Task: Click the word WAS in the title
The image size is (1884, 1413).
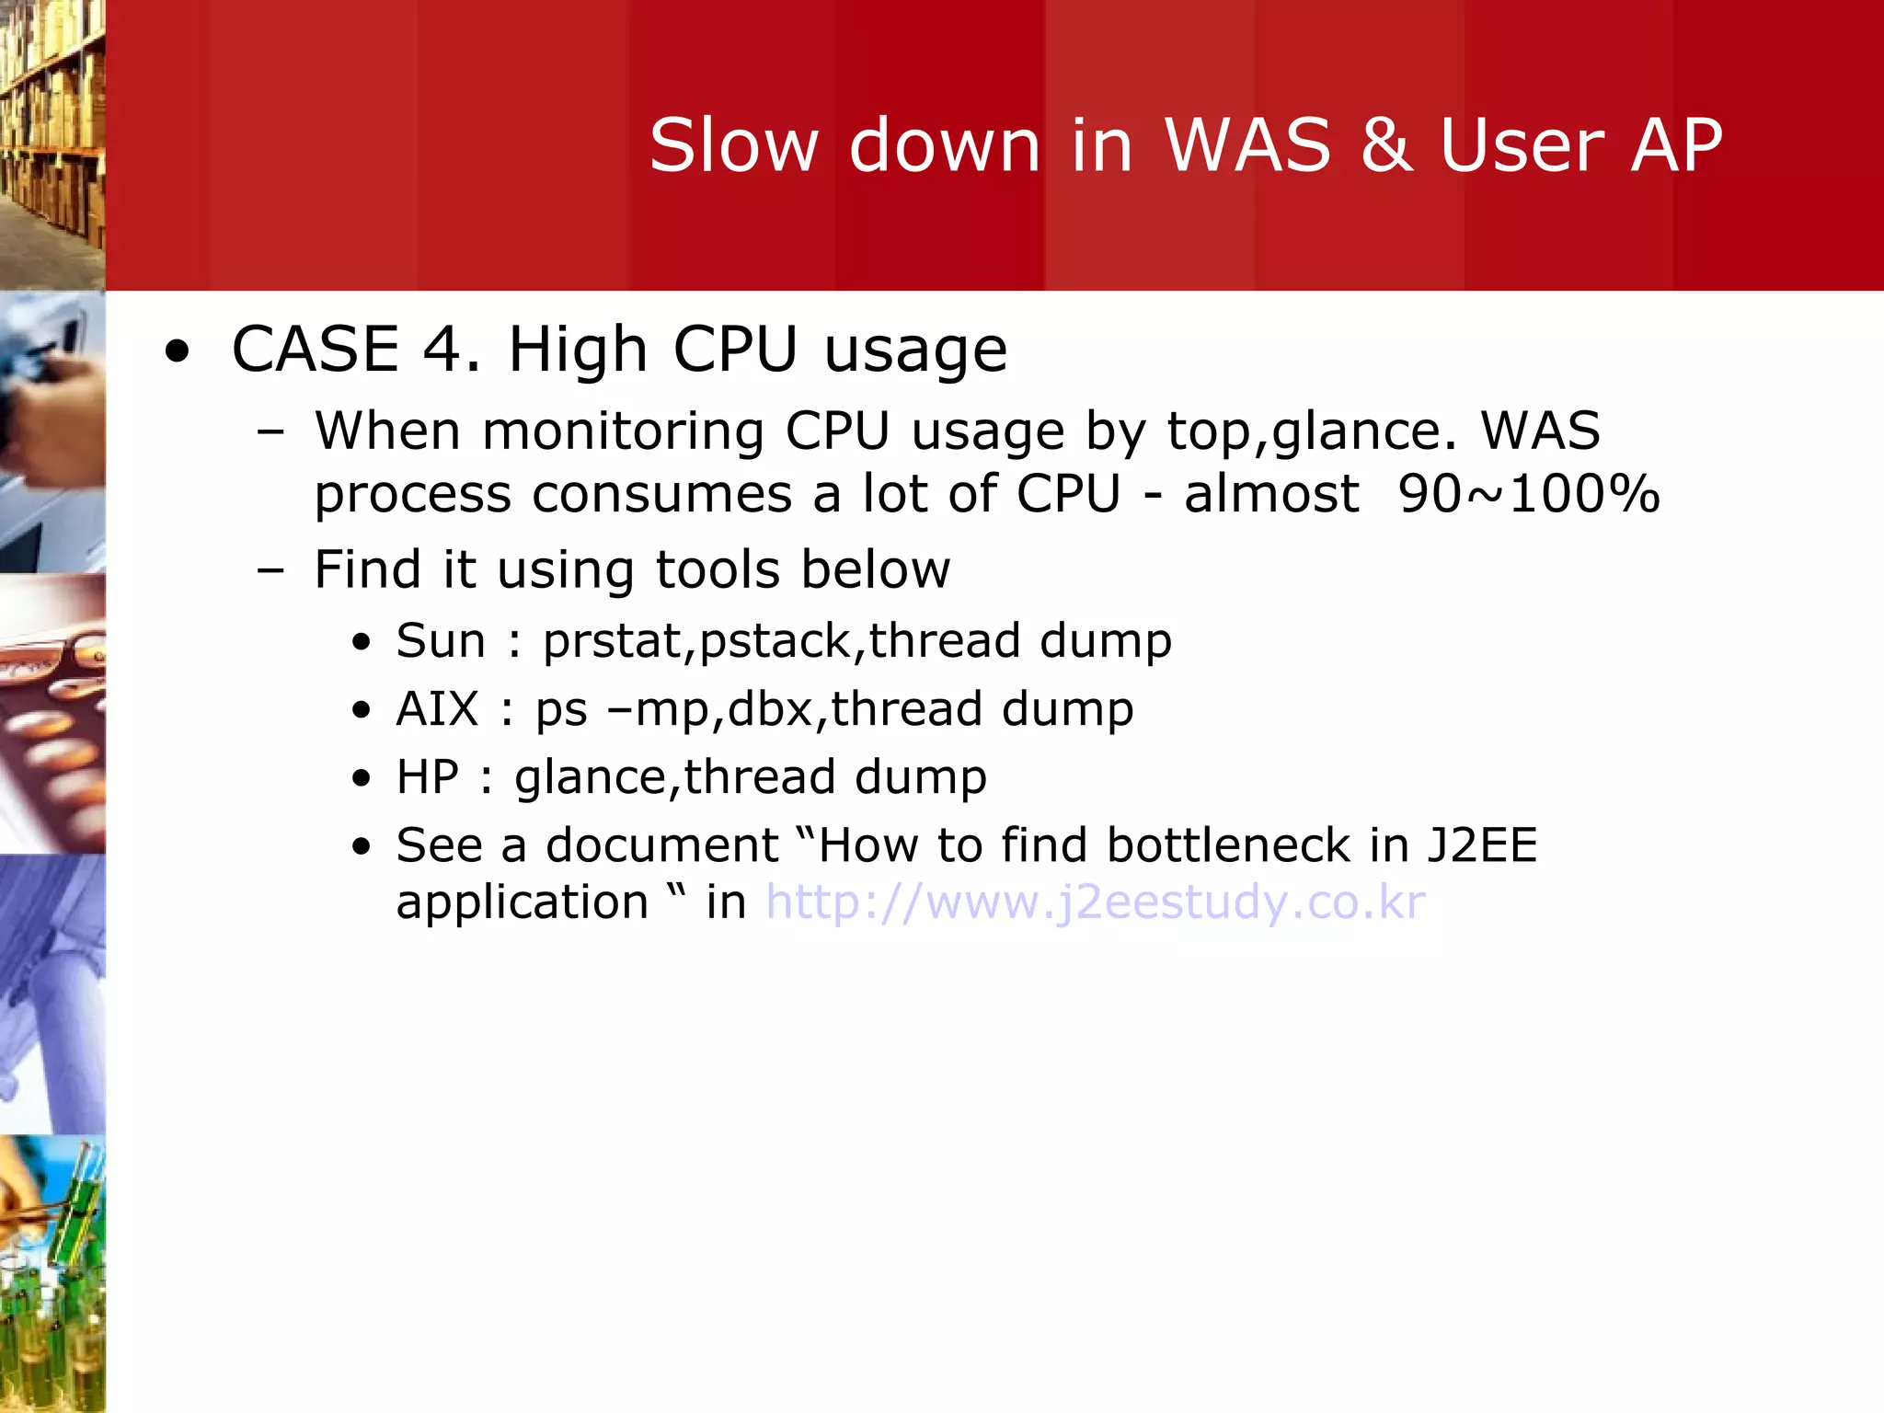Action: point(1247,145)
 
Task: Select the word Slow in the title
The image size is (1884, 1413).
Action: point(733,145)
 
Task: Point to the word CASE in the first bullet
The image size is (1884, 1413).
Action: point(315,350)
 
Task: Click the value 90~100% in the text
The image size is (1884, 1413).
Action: point(1528,494)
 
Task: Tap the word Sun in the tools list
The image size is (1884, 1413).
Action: point(441,641)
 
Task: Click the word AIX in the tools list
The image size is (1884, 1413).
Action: point(437,709)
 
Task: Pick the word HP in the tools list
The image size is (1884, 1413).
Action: point(427,777)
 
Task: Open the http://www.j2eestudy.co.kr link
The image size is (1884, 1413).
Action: point(1095,902)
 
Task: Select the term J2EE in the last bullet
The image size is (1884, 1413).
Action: point(1482,845)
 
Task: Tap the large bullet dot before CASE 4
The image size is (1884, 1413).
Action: point(177,352)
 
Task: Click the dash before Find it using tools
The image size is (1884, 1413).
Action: point(270,570)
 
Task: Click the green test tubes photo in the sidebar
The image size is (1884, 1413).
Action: point(52,1273)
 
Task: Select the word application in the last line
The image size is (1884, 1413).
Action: point(523,902)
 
